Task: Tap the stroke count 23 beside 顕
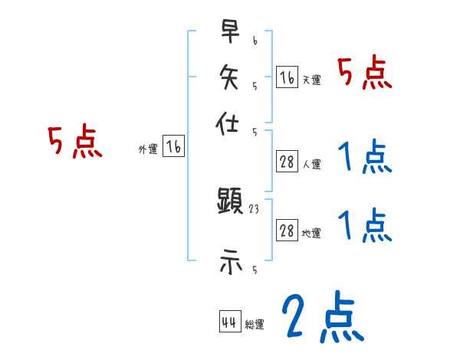tap(255, 208)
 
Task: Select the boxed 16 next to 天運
tap(287, 77)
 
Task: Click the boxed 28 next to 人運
tap(287, 162)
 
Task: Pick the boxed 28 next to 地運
tap(287, 231)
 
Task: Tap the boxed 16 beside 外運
tap(173, 148)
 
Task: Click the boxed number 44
tap(228, 322)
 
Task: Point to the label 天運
tap(312, 80)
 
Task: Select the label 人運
tap(312, 164)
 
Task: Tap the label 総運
tap(255, 325)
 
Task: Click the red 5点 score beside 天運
tap(365, 75)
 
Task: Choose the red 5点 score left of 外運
tap(75, 142)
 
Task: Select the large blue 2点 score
tap(322, 318)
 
